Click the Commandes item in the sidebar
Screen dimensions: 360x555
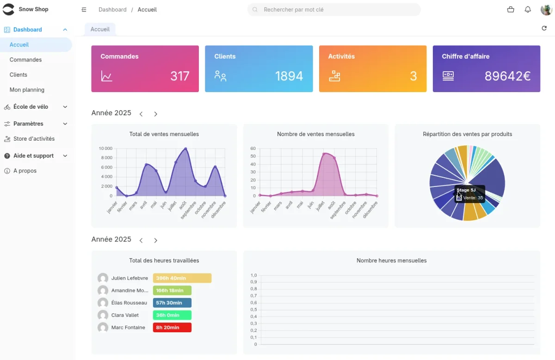click(x=25, y=60)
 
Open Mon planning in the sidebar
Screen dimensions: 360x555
click(x=27, y=90)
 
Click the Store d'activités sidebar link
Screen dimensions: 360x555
click(x=34, y=139)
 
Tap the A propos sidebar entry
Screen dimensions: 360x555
click(x=25, y=171)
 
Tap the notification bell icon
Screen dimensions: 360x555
click(x=528, y=10)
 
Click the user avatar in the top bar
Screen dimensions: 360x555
click(x=546, y=10)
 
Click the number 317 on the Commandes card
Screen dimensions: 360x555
click(x=179, y=76)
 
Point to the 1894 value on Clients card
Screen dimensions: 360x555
click(x=289, y=76)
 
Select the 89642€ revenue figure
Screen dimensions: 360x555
click(x=507, y=76)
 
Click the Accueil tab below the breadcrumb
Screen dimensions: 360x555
click(x=100, y=29)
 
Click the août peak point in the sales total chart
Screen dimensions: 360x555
click(x=185, y=149)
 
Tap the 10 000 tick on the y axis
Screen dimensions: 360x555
click(x=105, y=149)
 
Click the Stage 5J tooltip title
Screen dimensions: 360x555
click(x=466, y=190)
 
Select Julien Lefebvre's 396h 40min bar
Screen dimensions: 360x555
click(x=182, y=278)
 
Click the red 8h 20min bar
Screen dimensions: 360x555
click(x=172, y=328)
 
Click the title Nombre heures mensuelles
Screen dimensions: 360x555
click(x=391, y=261)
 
